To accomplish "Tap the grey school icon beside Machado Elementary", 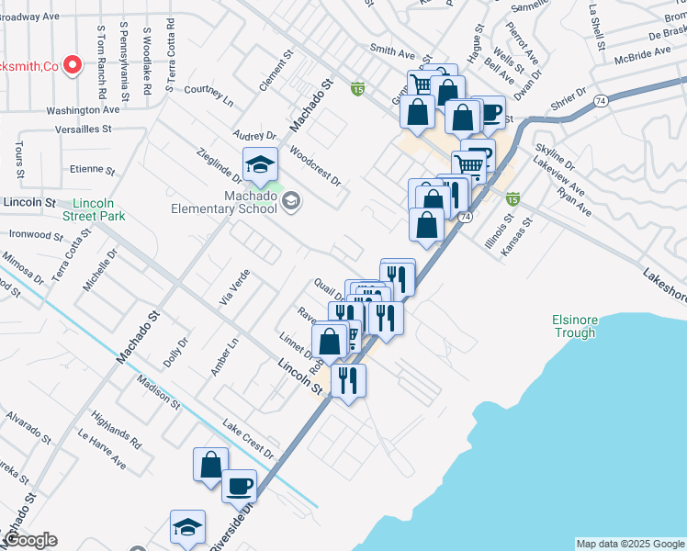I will [x=291, y=200].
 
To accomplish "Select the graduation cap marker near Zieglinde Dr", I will [x=260, y=165].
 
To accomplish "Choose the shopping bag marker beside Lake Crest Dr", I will [x=210, y=464].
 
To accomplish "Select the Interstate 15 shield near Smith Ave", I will [x=358, y=89].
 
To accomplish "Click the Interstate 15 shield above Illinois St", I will [x=512, y=197].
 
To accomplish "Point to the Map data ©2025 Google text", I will [x=630, y=544].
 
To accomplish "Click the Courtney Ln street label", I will [x=209, y=90].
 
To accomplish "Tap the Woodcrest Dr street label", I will [x=314, y=165].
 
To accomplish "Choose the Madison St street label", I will [x=156, y=392].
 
